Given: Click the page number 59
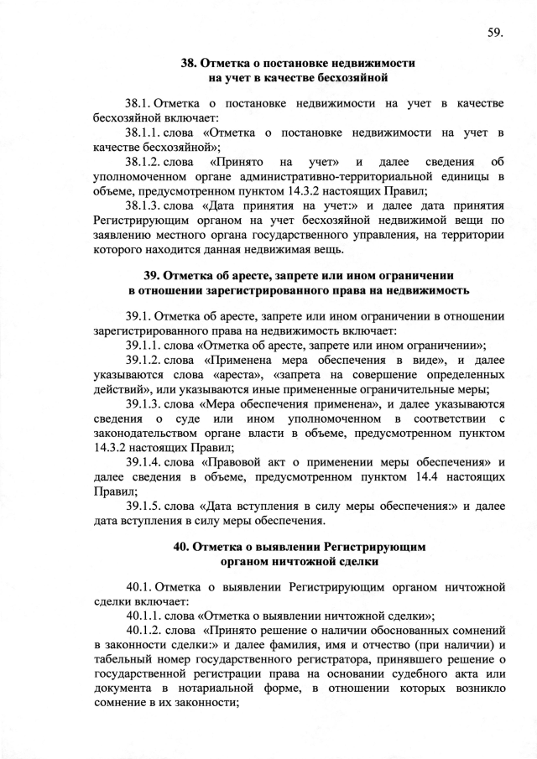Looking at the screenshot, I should (x=493, y=33).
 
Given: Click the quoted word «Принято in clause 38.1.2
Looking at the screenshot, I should (x=233, y=160).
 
